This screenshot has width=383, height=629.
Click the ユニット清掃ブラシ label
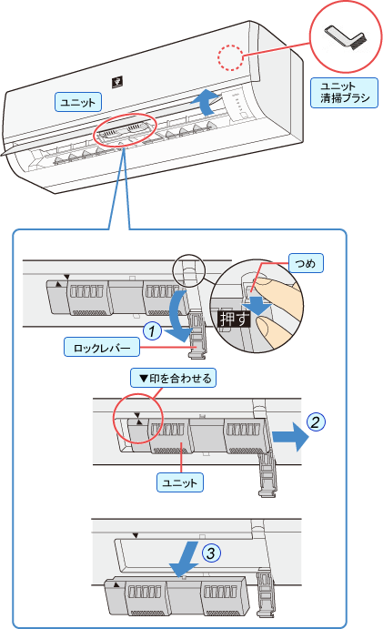pyautogui.click(x=344, y=93)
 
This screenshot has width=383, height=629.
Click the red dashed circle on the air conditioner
pyautogui.click(x=230, y=57)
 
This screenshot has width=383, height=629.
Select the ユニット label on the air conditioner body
pyautogui.click(x=78, y=102)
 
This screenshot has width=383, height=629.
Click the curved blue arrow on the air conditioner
pyautogui.click(x=206, y=101)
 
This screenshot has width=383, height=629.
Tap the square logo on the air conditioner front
pyautogui.click(x=116, y=82)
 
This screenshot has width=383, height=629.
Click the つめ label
pyautogui.click(x=306, y=264)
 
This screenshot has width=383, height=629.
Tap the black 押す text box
pyautogui.click(x=234, y=320)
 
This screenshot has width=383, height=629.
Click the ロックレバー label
pyautogui.click(x=102, y=347)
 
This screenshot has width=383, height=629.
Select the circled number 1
pyautogui.click(x=152, y=331)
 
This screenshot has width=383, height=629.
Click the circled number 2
pyautogui.click(x=316, y=422)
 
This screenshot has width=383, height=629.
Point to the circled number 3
pyautogui.click(x=211, y=553)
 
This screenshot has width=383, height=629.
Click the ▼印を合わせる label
pyautogui.click(x=173, y=378)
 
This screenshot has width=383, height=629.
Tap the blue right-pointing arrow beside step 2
pyautogui.click(x=291, y=437)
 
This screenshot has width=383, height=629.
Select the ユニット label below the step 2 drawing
pyautogui.click(x=179, y=482)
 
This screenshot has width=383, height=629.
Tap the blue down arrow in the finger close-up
pyautogui.click(x=257, y=304)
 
